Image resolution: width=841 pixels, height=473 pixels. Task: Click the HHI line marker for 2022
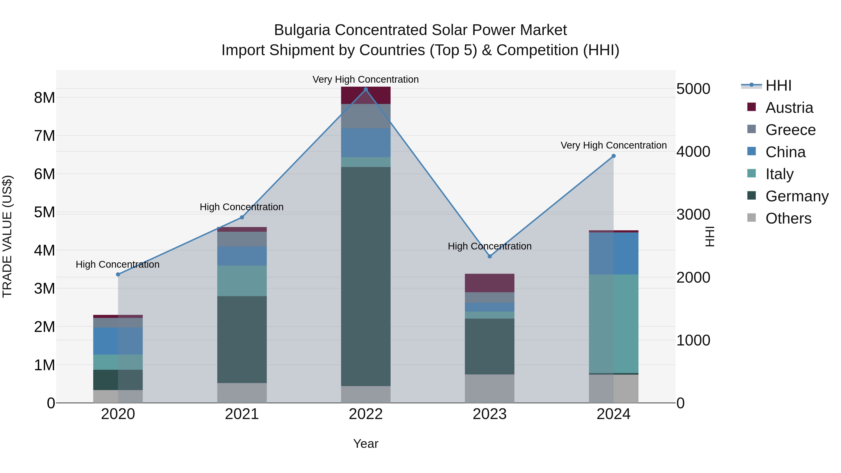(366, 89)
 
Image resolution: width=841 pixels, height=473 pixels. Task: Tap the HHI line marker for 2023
(489, 256)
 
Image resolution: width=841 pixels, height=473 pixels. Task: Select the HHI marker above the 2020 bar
(118, 274)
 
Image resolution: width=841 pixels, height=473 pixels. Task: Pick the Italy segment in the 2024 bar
(613, 324)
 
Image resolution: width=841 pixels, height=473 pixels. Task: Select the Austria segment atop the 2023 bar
(489, 283)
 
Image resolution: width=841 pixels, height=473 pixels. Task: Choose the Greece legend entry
(790, 130)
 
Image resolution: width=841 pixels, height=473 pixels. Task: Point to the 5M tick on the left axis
(44, 212)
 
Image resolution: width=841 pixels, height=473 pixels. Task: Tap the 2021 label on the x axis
(242, 414)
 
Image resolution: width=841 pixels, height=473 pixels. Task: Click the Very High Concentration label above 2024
(613, 145)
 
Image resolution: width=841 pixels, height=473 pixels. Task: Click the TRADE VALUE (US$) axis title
(7, 236)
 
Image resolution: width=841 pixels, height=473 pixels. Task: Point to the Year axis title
(366, 444)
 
